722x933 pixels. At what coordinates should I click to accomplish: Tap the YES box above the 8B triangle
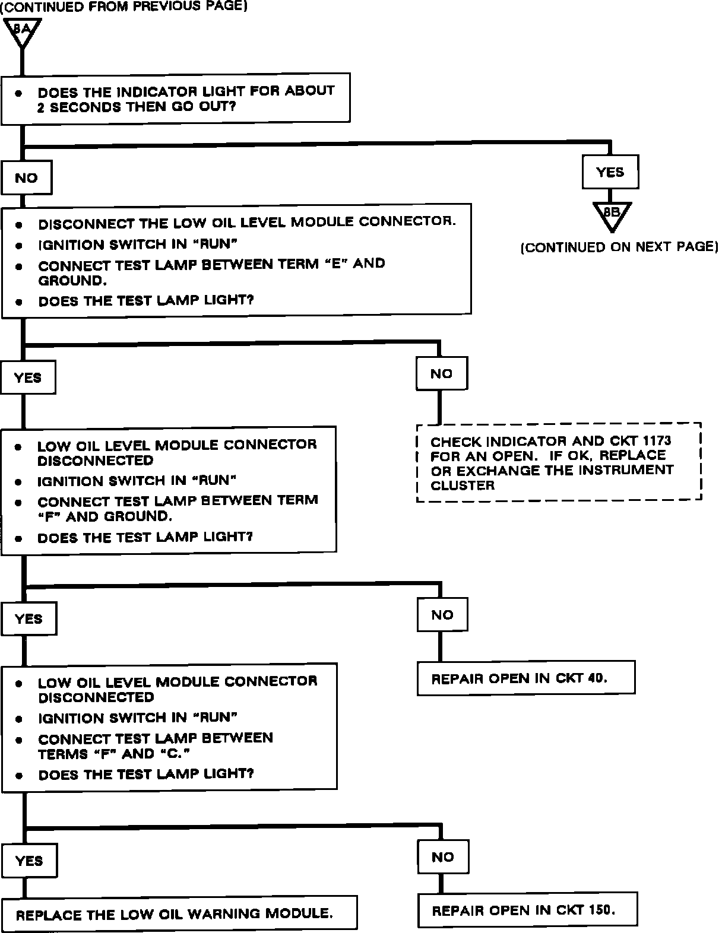coord(610,172)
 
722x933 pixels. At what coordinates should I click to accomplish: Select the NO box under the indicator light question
coord(26,178)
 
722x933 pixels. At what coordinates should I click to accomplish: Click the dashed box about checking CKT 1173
coord(559,463)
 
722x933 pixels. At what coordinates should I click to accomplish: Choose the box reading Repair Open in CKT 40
coord(525,678)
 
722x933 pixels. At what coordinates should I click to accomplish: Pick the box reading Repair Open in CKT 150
coord(527,910)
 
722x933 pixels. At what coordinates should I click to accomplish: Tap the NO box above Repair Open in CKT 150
coord(443,857)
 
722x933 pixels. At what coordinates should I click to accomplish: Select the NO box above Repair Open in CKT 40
coord(442,615)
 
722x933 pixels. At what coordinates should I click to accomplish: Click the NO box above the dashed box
coord(441,373)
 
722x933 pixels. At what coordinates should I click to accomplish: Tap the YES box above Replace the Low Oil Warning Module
coord(29,861)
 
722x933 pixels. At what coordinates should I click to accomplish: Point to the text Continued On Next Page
coord(619,247)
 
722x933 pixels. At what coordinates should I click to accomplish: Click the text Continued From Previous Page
coord(123,7)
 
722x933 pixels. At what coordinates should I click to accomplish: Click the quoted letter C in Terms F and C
coord(181,754)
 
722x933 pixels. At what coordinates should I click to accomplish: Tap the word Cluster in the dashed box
coord(463,485)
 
